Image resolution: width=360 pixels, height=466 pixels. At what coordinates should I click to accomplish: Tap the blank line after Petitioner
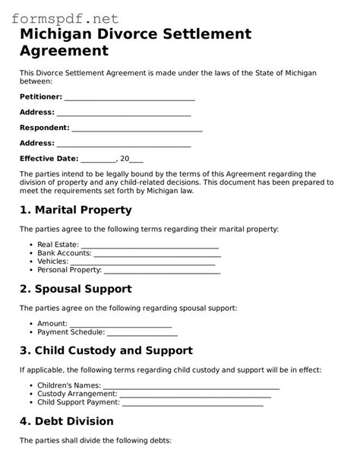point(130,98)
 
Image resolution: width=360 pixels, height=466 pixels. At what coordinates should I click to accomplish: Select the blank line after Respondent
point(137,128)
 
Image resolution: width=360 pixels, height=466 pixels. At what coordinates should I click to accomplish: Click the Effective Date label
point(49,159)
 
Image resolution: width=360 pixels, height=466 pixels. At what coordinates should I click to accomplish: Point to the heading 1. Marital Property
point(75,209)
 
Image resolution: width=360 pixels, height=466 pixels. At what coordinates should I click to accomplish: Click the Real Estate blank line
point(150,246)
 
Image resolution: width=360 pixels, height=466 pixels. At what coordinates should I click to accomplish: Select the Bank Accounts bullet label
point(65,253)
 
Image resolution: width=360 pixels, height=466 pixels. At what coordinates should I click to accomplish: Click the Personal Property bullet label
point(69,270)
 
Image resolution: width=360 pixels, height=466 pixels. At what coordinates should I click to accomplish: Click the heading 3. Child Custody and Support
point(106,350)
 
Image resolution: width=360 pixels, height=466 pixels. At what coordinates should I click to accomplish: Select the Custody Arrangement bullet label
point(77,395)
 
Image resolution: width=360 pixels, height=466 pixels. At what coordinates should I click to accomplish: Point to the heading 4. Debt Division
point(66,421)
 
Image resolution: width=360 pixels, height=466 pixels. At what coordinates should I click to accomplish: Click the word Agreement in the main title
point(64,52)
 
